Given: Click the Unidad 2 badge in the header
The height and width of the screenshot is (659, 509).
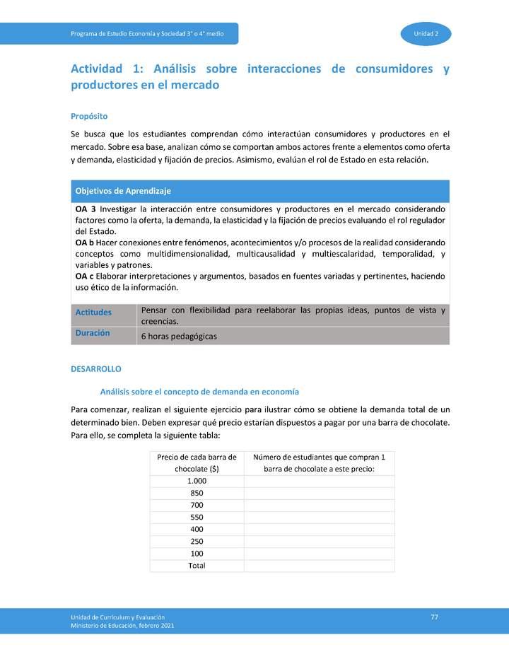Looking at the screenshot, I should coord(426,34).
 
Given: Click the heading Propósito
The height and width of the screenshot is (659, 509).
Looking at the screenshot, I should coord(89,116).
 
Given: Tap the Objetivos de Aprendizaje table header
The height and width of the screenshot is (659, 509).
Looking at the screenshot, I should coord(123,191).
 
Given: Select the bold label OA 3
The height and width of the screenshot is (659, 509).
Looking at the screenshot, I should coord(85,209).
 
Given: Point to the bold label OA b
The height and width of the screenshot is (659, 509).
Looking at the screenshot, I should coord(85,243).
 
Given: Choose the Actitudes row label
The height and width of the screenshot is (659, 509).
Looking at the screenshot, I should coord(93,312).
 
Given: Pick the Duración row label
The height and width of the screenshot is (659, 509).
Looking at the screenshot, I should coord(93,333).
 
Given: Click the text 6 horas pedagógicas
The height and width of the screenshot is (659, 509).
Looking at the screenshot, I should coord(179,337).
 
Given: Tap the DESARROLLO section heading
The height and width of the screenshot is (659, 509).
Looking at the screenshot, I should coord(96,369).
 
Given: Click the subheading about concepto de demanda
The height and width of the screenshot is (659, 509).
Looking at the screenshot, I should coord(199,392).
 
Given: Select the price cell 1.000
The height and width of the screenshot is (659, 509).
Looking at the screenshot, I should coord(197,481).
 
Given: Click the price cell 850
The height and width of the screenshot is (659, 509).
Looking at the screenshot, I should coord(197,493).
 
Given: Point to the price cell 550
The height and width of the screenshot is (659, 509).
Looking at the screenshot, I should coord(197,517).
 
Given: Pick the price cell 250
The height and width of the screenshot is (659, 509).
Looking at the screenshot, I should coord(197,542).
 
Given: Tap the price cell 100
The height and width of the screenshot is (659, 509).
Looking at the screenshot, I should coord(197,554).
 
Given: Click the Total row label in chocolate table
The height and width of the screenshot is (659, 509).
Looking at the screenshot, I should coord(197,566).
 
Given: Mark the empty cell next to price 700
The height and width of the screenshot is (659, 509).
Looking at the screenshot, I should coord(319,505).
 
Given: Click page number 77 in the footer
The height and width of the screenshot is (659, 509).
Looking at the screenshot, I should coord(435,617).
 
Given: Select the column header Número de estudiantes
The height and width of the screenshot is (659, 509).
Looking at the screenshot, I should coord(319,462).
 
